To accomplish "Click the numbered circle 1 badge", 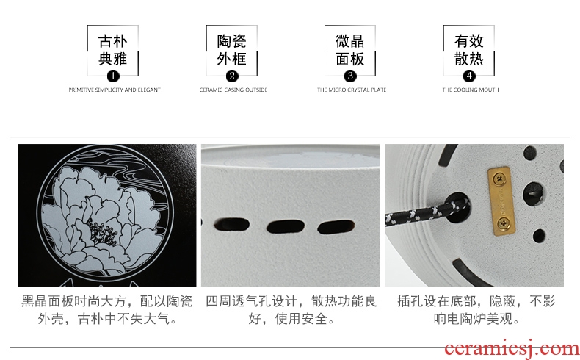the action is tap(113, 76).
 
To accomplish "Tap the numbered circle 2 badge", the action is tap(232, 76).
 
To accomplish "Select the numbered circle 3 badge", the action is tap(350, 76).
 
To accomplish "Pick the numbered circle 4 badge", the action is tap(469, 76).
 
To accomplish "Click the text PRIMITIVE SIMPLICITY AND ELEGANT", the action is tap(115, 90).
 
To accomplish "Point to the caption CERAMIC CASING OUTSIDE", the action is tap(233, 90).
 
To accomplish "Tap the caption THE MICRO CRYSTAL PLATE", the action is tap(352, 90).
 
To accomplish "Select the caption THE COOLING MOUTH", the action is tap(471, 90).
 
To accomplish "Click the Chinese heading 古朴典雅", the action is tap(113, 50).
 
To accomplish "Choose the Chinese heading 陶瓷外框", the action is tap(231, 50).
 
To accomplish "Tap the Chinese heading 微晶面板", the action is tap(350, 50).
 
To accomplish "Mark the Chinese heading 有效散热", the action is tap(469, 50).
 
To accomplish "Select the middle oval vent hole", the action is tap(285, 226).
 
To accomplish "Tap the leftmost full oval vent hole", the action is tap(231, 225).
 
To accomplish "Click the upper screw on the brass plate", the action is tap(500, 180).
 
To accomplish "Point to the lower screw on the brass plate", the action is tap(504, 223).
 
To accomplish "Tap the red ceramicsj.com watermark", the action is tap(512, 348).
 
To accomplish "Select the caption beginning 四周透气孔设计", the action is tap(291, 310).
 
